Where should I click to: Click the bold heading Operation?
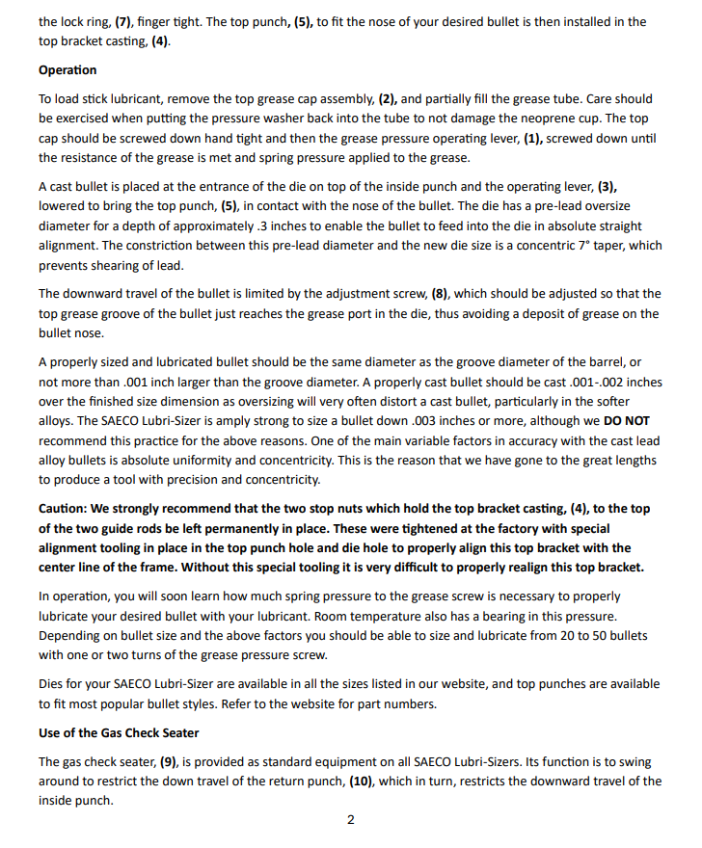tap(67, 70)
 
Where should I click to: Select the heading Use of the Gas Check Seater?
tap(119, 733)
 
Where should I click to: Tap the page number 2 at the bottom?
tap(350, 820)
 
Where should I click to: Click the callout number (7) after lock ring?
tap(124, 21)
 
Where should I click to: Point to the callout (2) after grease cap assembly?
tap(386, 98)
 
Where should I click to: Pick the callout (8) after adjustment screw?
tap(462, 293)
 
